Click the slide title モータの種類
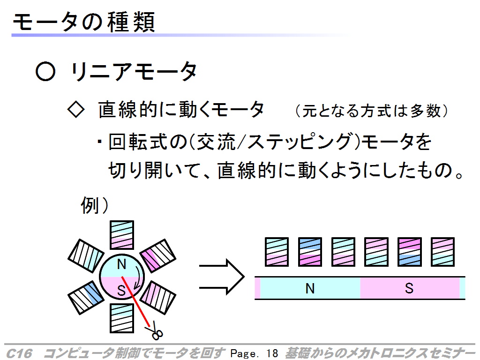click(84, 22)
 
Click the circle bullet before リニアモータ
click(45, 71)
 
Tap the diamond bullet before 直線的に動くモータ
click(76, 110)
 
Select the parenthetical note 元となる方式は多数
click(372, 111)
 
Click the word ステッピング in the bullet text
click(299, 142)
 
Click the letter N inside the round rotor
click(121, 264)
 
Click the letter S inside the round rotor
click(121, 290)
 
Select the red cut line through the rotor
click(135, 301)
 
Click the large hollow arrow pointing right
click(222, 277)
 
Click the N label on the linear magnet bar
click(310, 288)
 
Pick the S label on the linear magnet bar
click(409, 288)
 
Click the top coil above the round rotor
click(122, 235)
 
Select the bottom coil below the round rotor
click(122, 318)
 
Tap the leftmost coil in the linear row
click(277, 252)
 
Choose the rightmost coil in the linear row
click(442, 252)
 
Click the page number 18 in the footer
click(272, 353)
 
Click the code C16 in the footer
click(19, 353)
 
